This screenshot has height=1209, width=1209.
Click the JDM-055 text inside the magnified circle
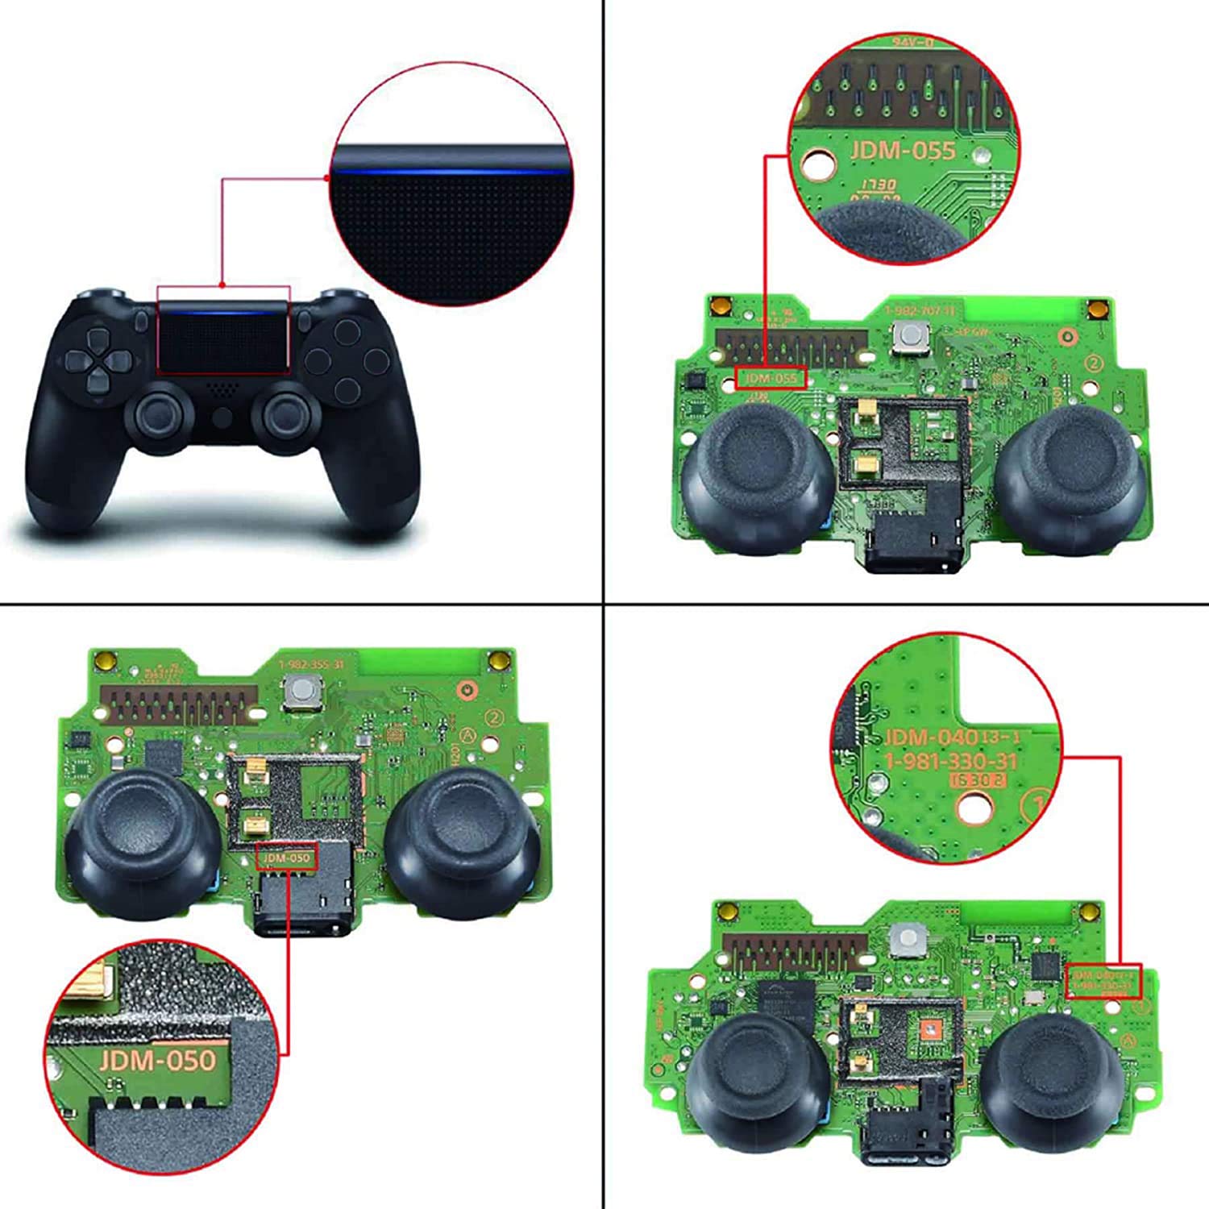(x=902, y=151)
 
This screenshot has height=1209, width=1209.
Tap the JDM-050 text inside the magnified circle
(x=158, y=1059)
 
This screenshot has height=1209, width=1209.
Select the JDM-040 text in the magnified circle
(x=931, y=737)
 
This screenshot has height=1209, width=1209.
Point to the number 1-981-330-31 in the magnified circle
(x=951, y=762)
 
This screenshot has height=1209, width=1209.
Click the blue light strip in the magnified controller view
(x=451, y=171)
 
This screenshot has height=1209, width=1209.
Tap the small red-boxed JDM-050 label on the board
(x=287, y=858)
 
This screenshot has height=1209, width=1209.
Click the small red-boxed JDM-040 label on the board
(x=1103, y=980)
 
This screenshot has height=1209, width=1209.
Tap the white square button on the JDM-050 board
(x=300, y=691)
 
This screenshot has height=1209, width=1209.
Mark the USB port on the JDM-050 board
(x=302, y=922)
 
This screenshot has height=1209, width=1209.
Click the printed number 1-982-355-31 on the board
(x=310, y=664)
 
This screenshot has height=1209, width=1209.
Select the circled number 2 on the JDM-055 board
(x=1094, y=364)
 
